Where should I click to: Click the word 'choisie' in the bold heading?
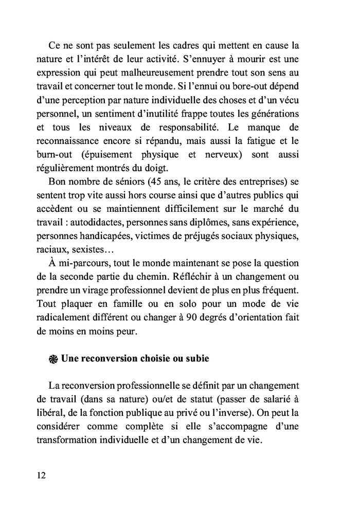tap(151, 358)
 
